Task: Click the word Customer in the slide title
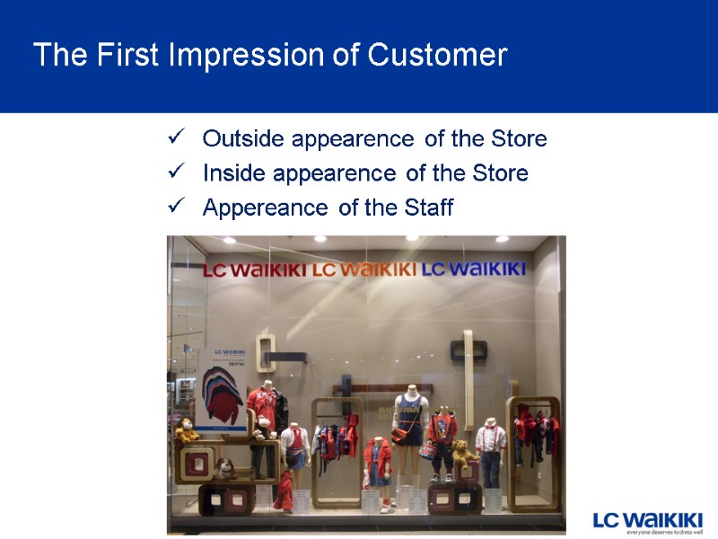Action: pyautogui.click(x=437, y=56)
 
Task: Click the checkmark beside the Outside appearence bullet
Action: pyautogui.click(x=176, y=138)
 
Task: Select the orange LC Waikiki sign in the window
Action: pyautogui.click(x=364, y=269)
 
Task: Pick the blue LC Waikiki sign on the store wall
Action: pyautogui.click(x=473, y=269)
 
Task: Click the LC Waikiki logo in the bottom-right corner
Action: pyautogui.click(x=647, y=519)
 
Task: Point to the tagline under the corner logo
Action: pyautogui.click(x=663, y=532)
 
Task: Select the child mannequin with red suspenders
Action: pyautogui.click(x=490, y=449)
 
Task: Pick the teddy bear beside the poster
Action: pyautogui.click(x=187, y=430)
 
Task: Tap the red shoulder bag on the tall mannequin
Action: pyautogui.click(x=399, y=436)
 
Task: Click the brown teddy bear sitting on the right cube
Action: pyautogui.click(x=462, y=451)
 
